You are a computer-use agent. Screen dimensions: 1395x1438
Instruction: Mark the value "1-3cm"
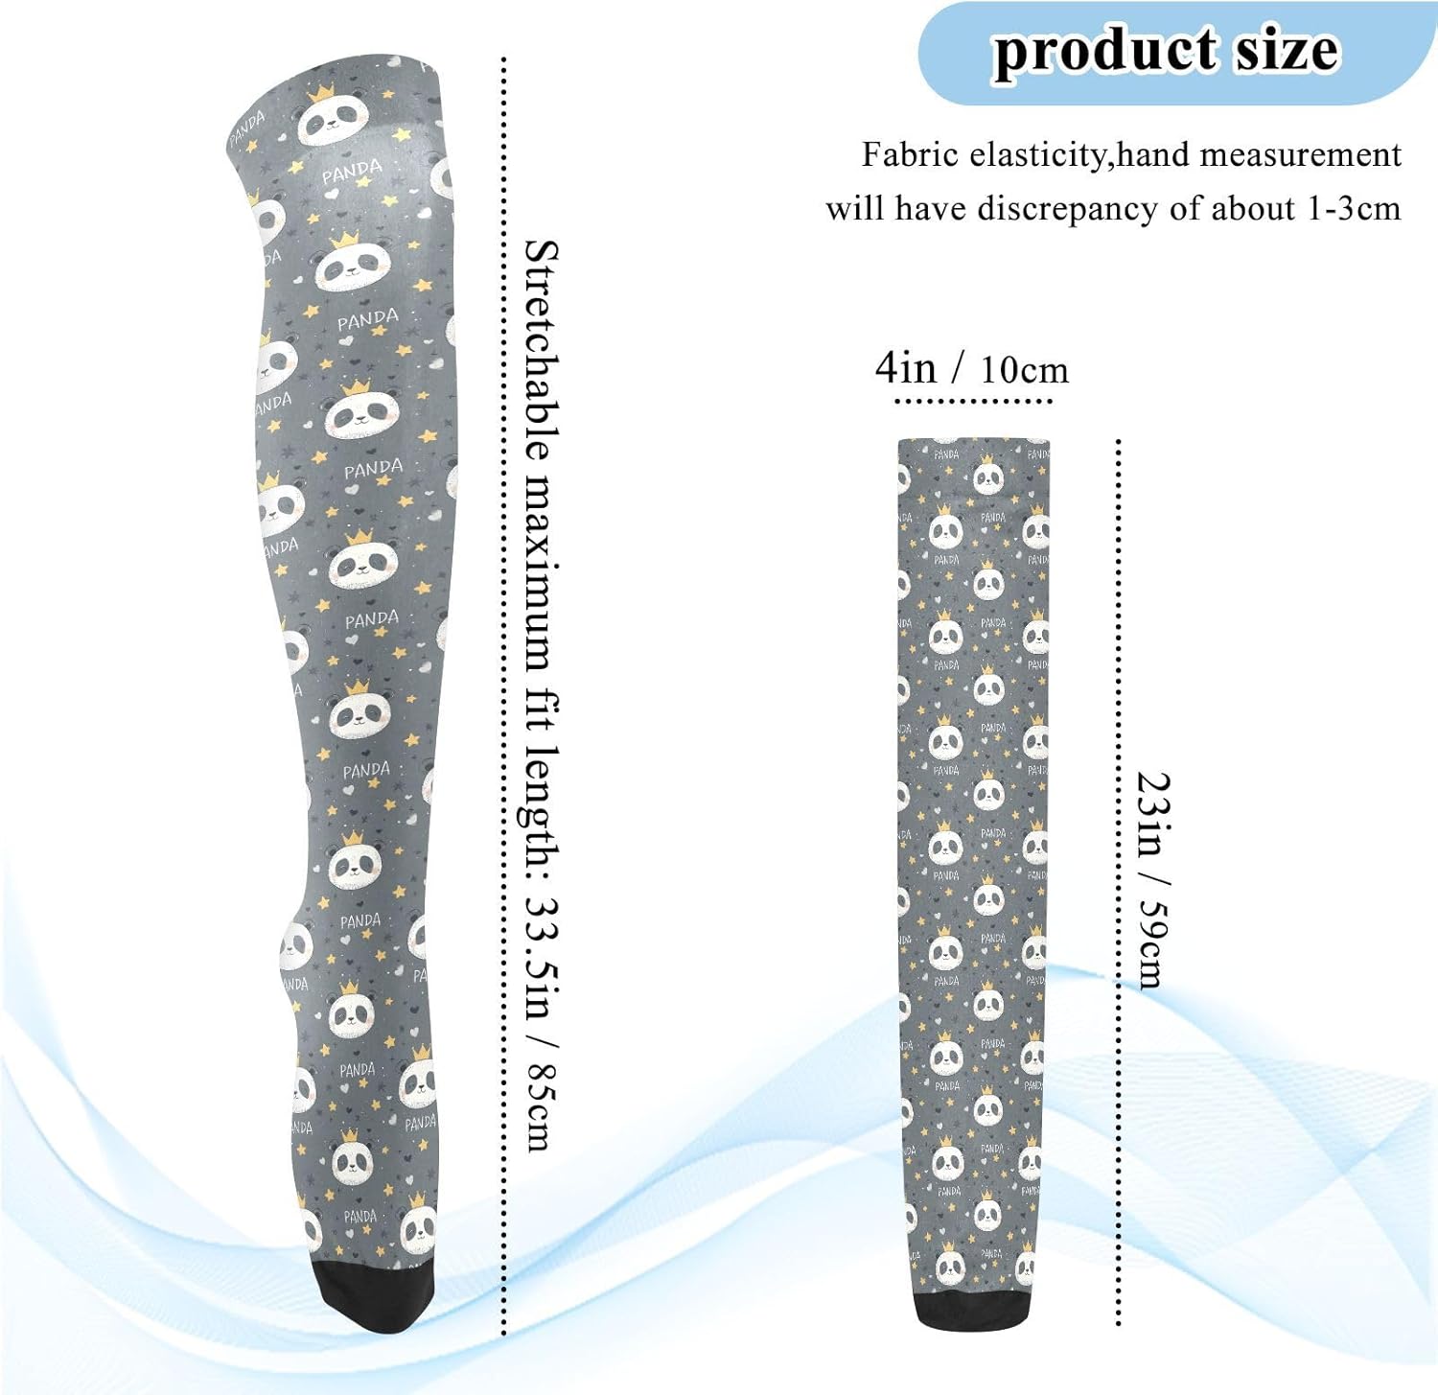(1354, 208)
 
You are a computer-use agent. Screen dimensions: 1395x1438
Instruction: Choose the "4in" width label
(905, 368)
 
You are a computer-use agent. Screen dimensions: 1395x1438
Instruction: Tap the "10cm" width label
(1024, 370)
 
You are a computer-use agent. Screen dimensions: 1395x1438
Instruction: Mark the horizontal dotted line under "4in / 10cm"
(972, 401)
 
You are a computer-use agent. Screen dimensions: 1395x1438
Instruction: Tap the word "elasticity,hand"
(1065, 154)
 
